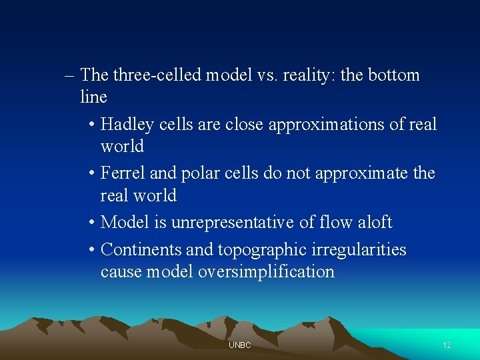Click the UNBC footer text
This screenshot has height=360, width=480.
pyautogui.click(x=239, y=345)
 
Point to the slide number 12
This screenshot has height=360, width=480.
pyautogui.click(x=447, y=345)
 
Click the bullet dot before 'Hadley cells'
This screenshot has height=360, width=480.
pyautogui.click(x=91, y=125)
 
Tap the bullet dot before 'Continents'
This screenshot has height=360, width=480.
pyautogui.click(x=91, y=251)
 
